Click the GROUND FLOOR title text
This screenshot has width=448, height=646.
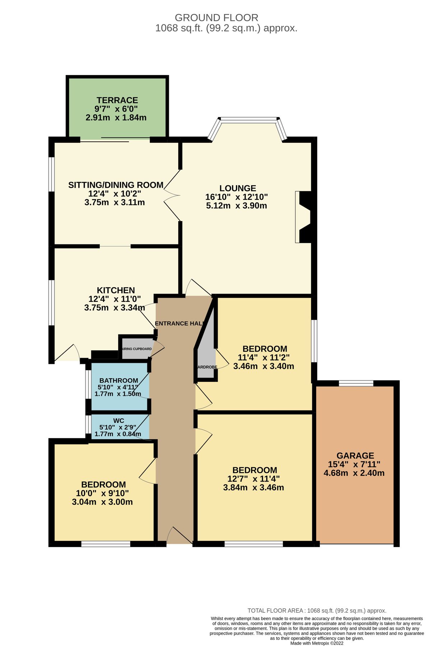coord(216,18)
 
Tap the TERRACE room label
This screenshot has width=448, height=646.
coord(117,100)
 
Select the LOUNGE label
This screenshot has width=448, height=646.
coord(237,188)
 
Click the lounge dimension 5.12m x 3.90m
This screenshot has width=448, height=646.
coord(236,206)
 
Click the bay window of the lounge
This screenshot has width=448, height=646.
coord(248,121)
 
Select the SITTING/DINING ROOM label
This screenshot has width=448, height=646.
coord(116,185)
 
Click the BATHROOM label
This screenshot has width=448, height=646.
coord(119,380)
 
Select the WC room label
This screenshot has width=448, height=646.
coord(119,421)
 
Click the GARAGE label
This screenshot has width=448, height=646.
coord(355,455)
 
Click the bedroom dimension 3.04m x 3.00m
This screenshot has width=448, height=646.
coord(102,502)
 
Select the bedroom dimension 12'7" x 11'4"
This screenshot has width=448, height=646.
coord(253,479)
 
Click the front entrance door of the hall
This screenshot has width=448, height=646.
coord(180,537)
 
